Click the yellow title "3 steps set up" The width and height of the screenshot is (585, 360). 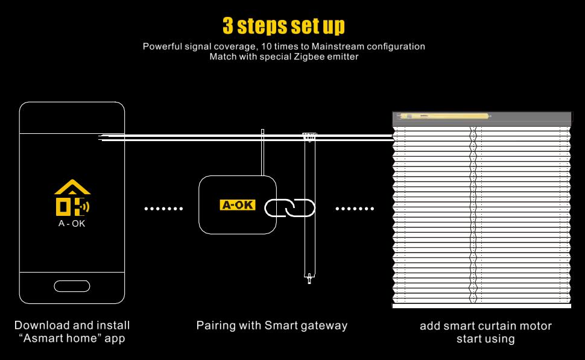click(283, 26)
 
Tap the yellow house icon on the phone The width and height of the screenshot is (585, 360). click(72, 198)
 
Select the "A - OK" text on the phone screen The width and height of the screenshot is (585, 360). click(72, 223)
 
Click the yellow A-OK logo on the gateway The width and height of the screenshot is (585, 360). click(238, 205)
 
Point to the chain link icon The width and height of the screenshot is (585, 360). click(291, 208)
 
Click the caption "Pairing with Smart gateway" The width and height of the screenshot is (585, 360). click(272, 325)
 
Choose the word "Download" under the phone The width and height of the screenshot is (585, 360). click(38, 325)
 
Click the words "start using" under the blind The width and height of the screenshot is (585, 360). click(485, 339)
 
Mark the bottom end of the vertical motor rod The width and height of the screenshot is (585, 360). click(309, 279)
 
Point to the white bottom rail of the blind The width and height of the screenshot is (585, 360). click(481, 306)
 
